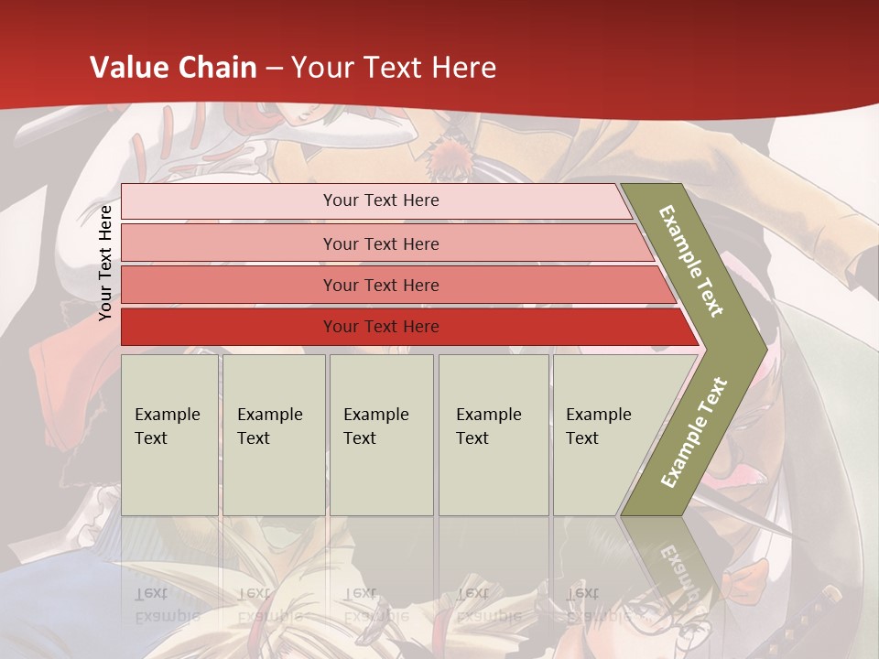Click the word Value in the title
128,68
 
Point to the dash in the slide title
274,69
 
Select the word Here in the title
463,68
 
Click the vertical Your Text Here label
105,264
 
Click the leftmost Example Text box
169,435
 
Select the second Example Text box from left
274,435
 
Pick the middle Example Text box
381,435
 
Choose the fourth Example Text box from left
494,435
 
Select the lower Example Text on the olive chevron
694,432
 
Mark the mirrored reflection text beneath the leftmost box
168,604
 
